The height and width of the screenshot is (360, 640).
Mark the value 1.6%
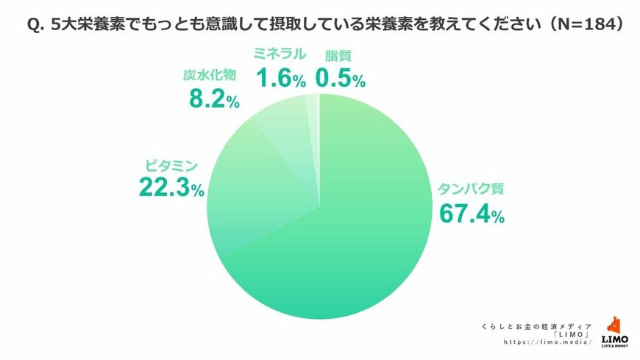coord(280,77)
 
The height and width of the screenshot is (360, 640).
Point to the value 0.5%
coord(340,77)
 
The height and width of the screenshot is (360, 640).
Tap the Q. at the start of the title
coord(36,25)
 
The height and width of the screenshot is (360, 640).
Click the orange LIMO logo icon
coord(615,325)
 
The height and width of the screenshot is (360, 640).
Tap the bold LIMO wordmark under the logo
coord(614,339)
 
